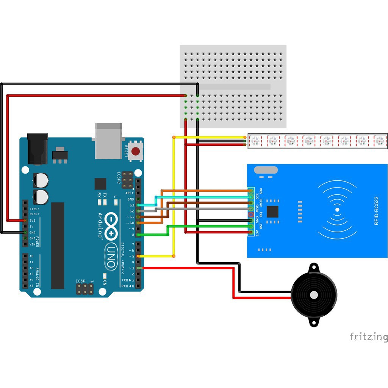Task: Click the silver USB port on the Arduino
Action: click(x=108, y=140)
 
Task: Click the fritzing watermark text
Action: click(x=368, y=336)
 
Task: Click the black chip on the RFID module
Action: click(x=272, y=211)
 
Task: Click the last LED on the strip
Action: click(x=379, y=141)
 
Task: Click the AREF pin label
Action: click(x=130, y=193)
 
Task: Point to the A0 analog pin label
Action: click(x=31, y=256)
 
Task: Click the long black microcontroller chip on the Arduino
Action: click(x=58, y=245)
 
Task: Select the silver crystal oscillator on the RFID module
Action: click(x=263, y=170)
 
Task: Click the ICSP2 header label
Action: click(x=119, y=178)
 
